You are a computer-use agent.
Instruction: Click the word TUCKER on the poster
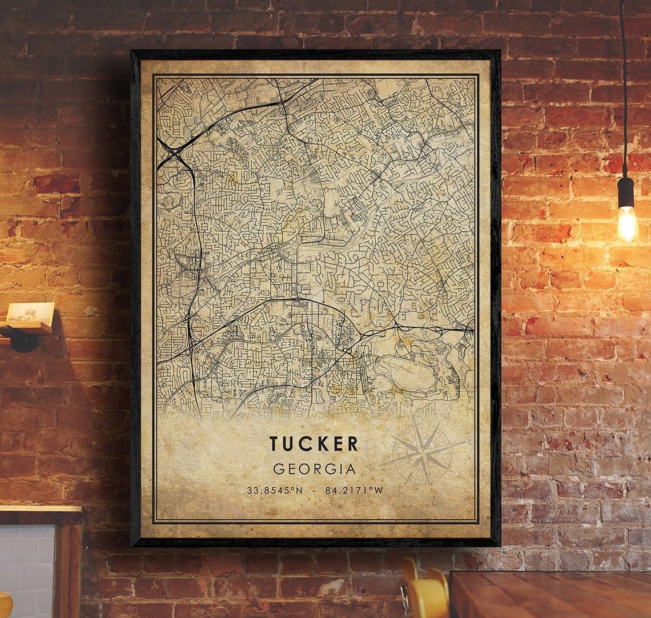tap(314, 444)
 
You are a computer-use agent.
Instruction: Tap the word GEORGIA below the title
tap(314, 469)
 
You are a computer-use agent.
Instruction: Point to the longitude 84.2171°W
tap(354, 489)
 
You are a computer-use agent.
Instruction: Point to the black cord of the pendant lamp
tap(624, 86)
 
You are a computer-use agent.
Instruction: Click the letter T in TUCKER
tap(275, 444)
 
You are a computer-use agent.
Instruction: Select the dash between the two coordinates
tap(314, 489)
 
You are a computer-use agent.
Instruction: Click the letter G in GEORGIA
tap(279, 469)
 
